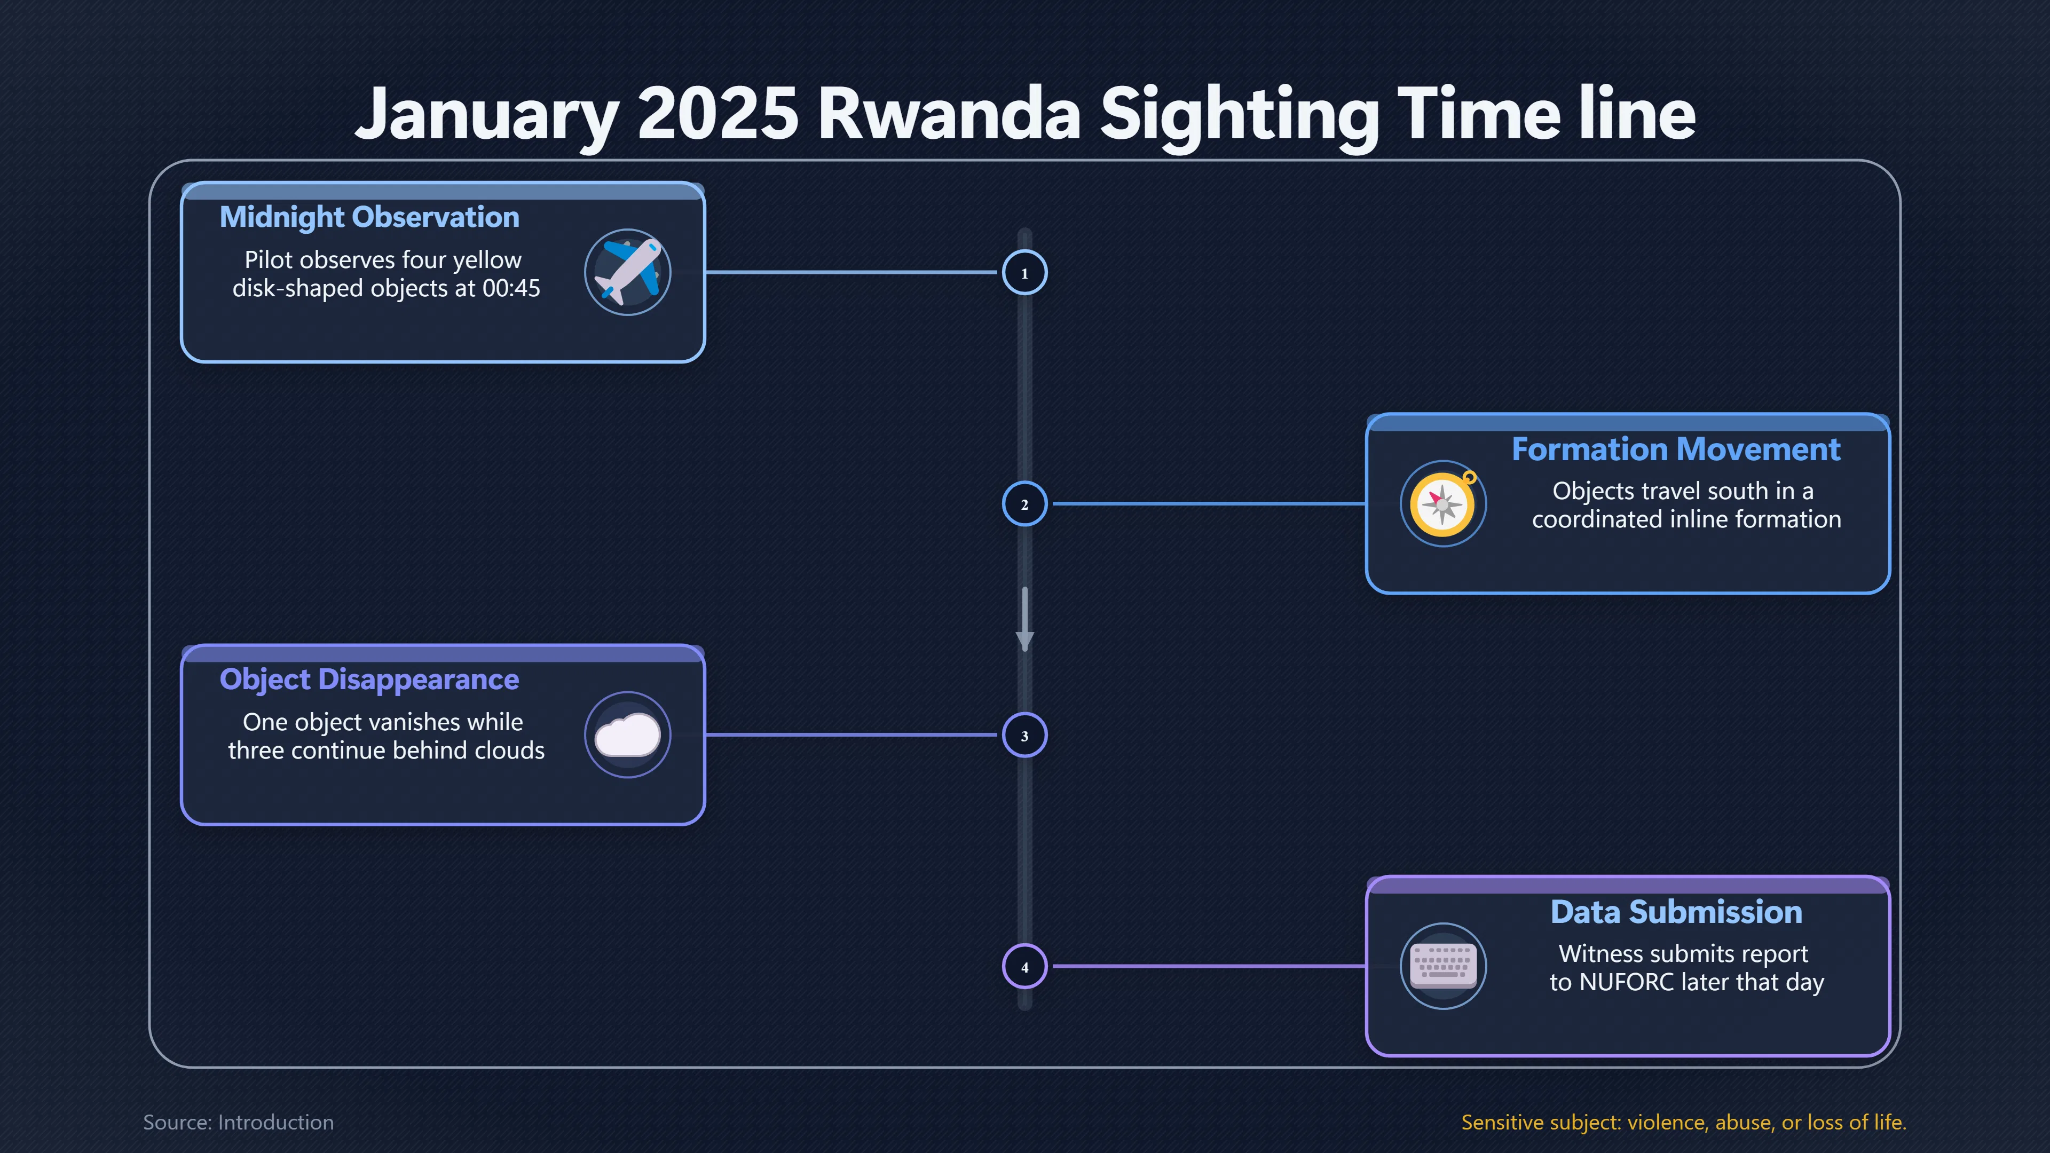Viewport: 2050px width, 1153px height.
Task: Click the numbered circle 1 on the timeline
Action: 1024,273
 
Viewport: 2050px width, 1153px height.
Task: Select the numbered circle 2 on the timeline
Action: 1024,504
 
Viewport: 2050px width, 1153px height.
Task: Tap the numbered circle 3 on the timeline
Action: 1024,735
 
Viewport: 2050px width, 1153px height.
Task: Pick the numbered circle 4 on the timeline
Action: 1024,967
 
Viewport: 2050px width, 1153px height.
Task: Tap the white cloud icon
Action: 628,735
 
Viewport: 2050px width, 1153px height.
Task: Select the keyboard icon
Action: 1443,966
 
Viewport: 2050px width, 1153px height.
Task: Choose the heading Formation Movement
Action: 1676,449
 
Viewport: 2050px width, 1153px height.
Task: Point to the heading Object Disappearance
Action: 369,680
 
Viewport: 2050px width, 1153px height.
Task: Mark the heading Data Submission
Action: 1676,912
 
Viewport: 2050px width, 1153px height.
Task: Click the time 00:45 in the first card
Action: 511,288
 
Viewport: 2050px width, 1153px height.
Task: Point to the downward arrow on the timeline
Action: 1025,619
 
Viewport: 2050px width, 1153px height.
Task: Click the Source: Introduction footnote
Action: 239,1122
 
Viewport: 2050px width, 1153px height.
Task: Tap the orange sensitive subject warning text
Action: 1684,1122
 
